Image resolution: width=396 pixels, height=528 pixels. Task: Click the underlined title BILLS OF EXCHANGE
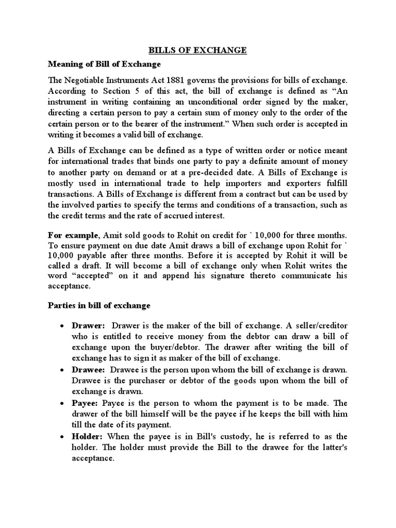[197, 50]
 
